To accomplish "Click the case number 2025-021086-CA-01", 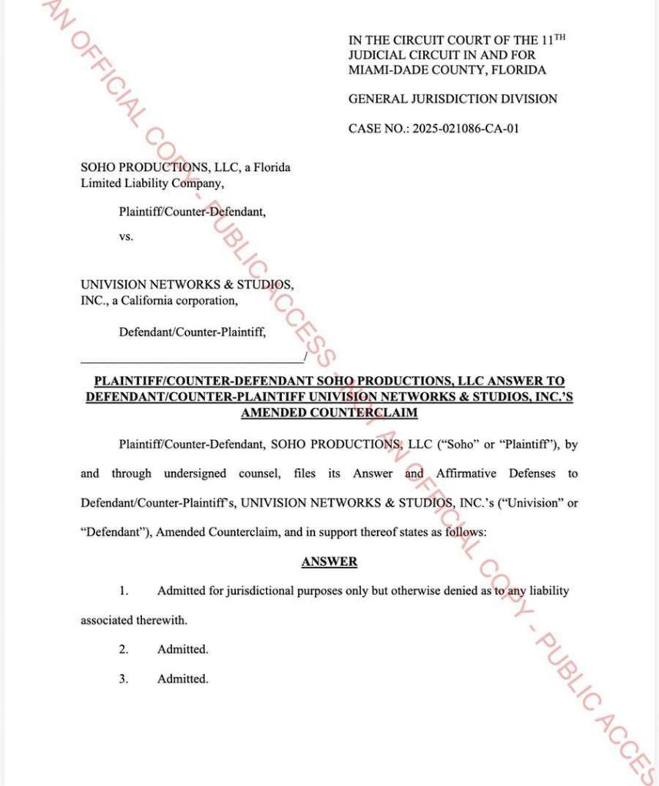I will (465, 128).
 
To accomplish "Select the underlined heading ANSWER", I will (329, 562).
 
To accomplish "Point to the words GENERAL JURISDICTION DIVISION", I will (452, 99).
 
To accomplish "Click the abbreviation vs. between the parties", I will (126, 236).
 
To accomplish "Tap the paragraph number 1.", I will (123, 591).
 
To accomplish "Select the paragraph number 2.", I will (123, 649).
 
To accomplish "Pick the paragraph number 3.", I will (123, 679).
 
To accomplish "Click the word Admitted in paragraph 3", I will (183, 679).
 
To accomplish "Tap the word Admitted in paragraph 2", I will (183, 649).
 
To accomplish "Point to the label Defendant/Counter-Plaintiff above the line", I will (192, 332).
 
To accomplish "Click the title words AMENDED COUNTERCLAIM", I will (329, 412).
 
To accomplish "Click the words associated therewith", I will (134, 620).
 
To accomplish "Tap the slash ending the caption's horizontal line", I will (306, 358).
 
